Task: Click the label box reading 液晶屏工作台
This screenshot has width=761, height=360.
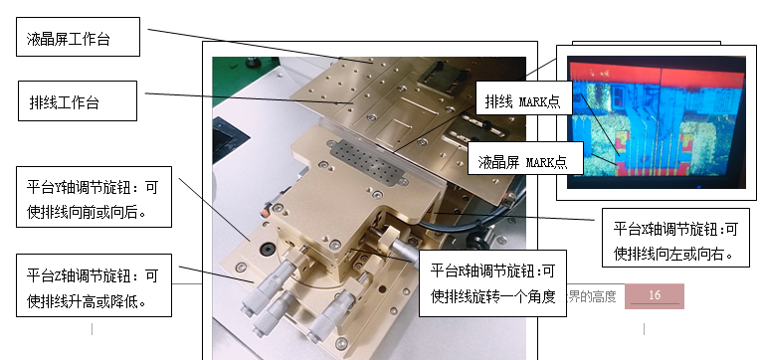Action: point(79,37)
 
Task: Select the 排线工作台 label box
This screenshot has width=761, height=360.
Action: point(78,100)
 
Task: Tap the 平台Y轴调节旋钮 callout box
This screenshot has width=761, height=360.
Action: point(95,197)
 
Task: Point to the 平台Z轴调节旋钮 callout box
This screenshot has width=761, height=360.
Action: point(95,285)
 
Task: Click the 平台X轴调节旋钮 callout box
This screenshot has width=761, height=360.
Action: point(675,238)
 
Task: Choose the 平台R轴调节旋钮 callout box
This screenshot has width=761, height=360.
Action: point(492,283)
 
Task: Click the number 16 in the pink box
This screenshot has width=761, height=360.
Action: point(655,295)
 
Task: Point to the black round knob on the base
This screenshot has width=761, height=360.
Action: point(267,250)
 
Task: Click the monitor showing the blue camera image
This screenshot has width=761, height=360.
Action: point(657,121)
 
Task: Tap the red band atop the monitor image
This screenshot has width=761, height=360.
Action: point(657,76)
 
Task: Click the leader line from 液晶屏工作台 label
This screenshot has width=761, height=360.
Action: point(260,46)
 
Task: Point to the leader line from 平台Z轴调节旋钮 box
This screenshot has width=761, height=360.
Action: point(217,273)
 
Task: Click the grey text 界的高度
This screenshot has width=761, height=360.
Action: point(592,295)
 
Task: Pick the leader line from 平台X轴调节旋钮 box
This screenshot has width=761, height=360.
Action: point(514,217)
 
